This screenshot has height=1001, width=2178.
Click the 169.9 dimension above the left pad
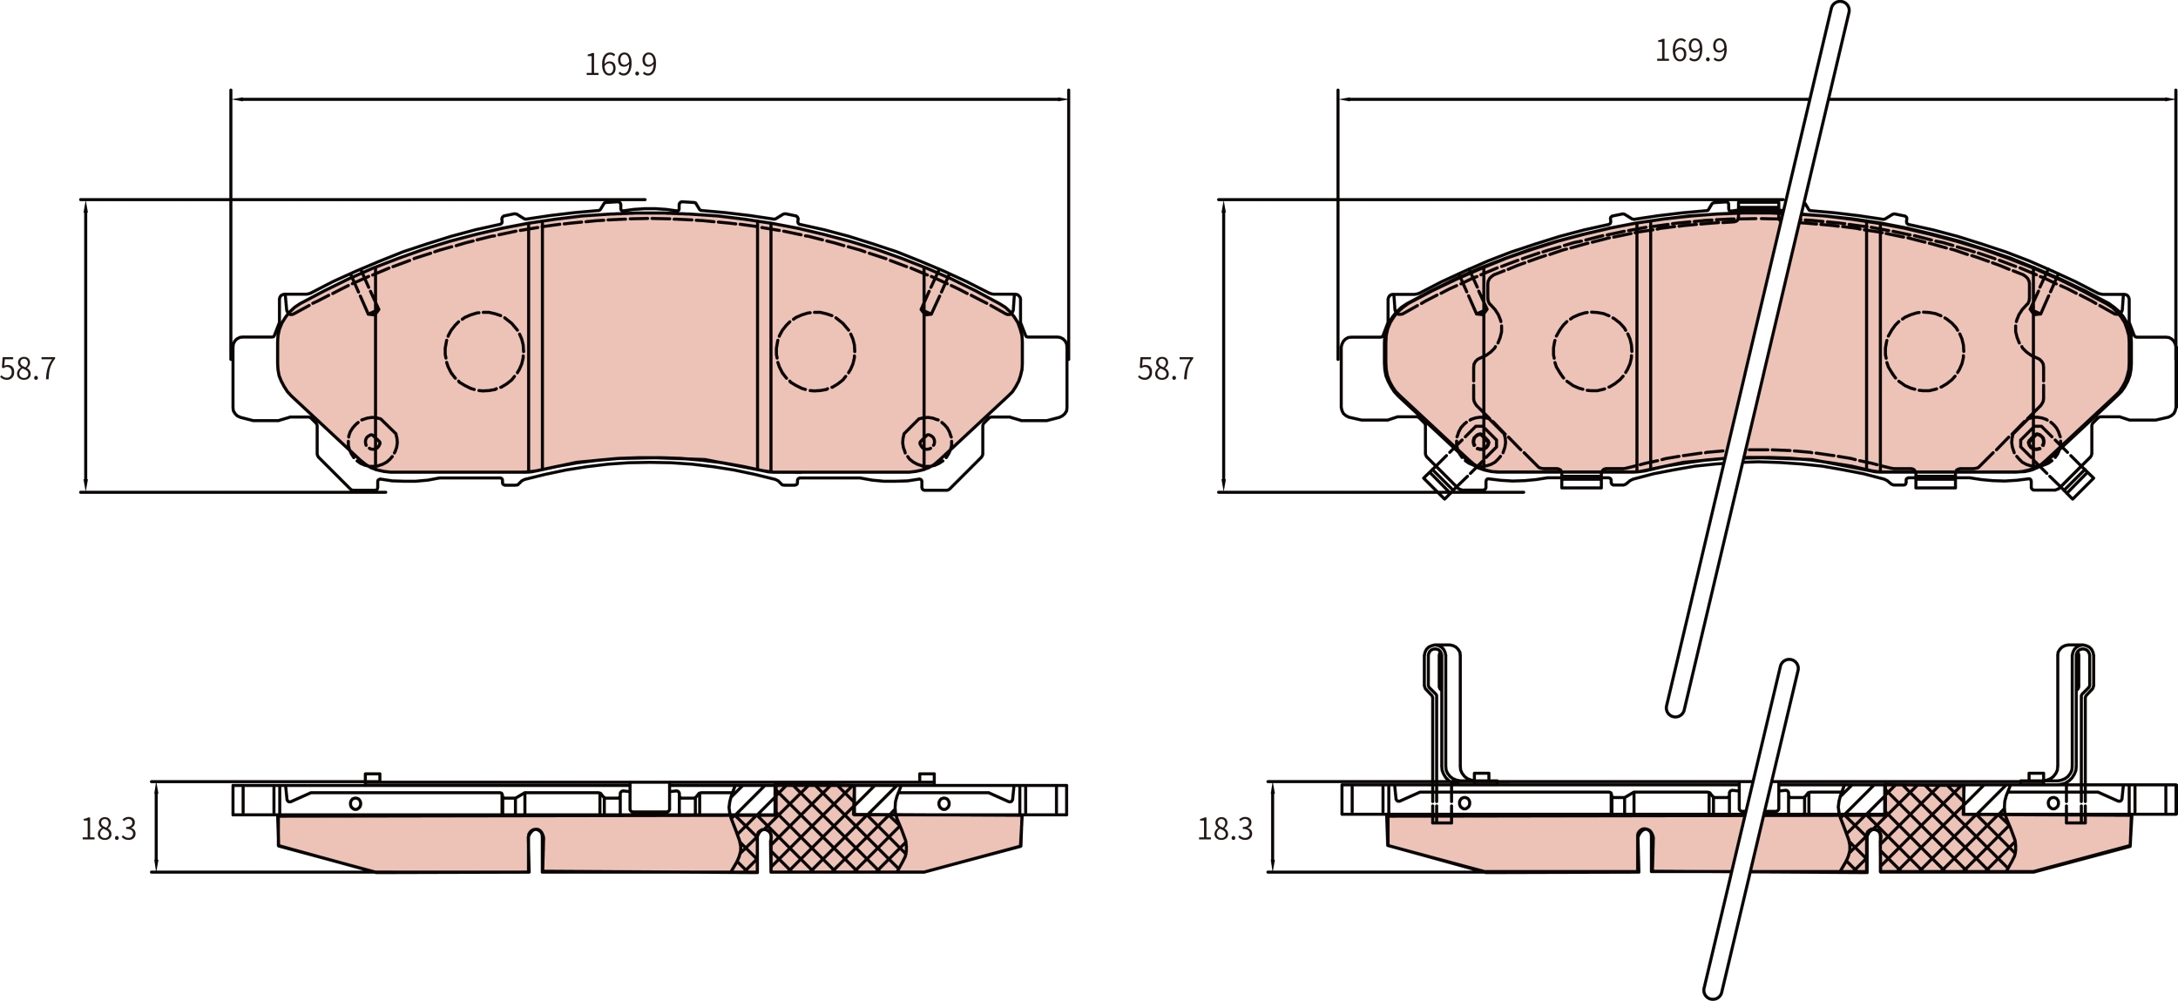point(620,64)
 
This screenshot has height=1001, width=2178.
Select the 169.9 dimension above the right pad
point(1690,51)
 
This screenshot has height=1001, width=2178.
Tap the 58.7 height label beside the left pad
point(28,369)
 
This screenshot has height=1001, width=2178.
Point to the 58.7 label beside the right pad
point(1165,369)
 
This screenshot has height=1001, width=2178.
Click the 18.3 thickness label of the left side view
point(108,829)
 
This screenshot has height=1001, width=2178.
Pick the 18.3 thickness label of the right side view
point(1225,829)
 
